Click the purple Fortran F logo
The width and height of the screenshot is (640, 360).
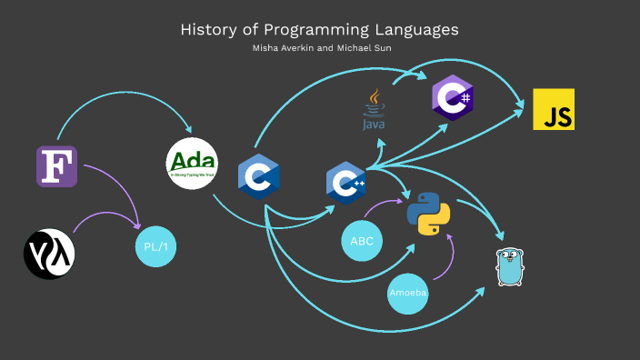point(57,165)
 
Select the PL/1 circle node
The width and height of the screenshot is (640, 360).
point(156,246)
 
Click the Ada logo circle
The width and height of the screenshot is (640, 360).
point(193,164)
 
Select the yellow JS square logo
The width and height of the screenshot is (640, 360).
point(554,110)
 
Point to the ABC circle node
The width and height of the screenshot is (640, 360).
point(362,241)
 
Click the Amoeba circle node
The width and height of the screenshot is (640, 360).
point(408,294)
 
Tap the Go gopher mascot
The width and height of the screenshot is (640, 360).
point(511,265)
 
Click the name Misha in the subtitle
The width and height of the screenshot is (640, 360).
point(265,48)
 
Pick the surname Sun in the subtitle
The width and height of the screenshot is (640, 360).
point(378,48)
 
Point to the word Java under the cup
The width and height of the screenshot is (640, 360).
point(374,124)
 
